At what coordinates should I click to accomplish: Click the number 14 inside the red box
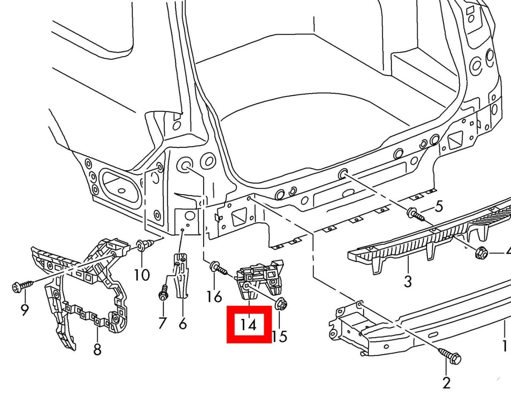(x=249, y=325)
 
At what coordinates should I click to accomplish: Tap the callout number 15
(x=279, y=336)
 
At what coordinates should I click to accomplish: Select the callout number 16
(x=214, y=296)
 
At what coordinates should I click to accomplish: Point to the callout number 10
(x=142, y=275)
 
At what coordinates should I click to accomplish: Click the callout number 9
(x=24, y=310)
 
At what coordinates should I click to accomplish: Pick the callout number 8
(x=98, y=350)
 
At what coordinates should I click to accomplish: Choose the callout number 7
(x=162, y=323)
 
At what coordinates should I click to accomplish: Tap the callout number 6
(x=183, y=324)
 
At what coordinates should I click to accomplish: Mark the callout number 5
(x=439, y=207)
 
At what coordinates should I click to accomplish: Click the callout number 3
(x=408, y=281)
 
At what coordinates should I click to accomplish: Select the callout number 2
(x=446, y=383)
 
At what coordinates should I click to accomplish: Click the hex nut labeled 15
(x=281, y=304)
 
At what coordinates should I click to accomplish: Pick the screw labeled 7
(x=163, y=294)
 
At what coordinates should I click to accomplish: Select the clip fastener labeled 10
(x=141, y=245)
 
